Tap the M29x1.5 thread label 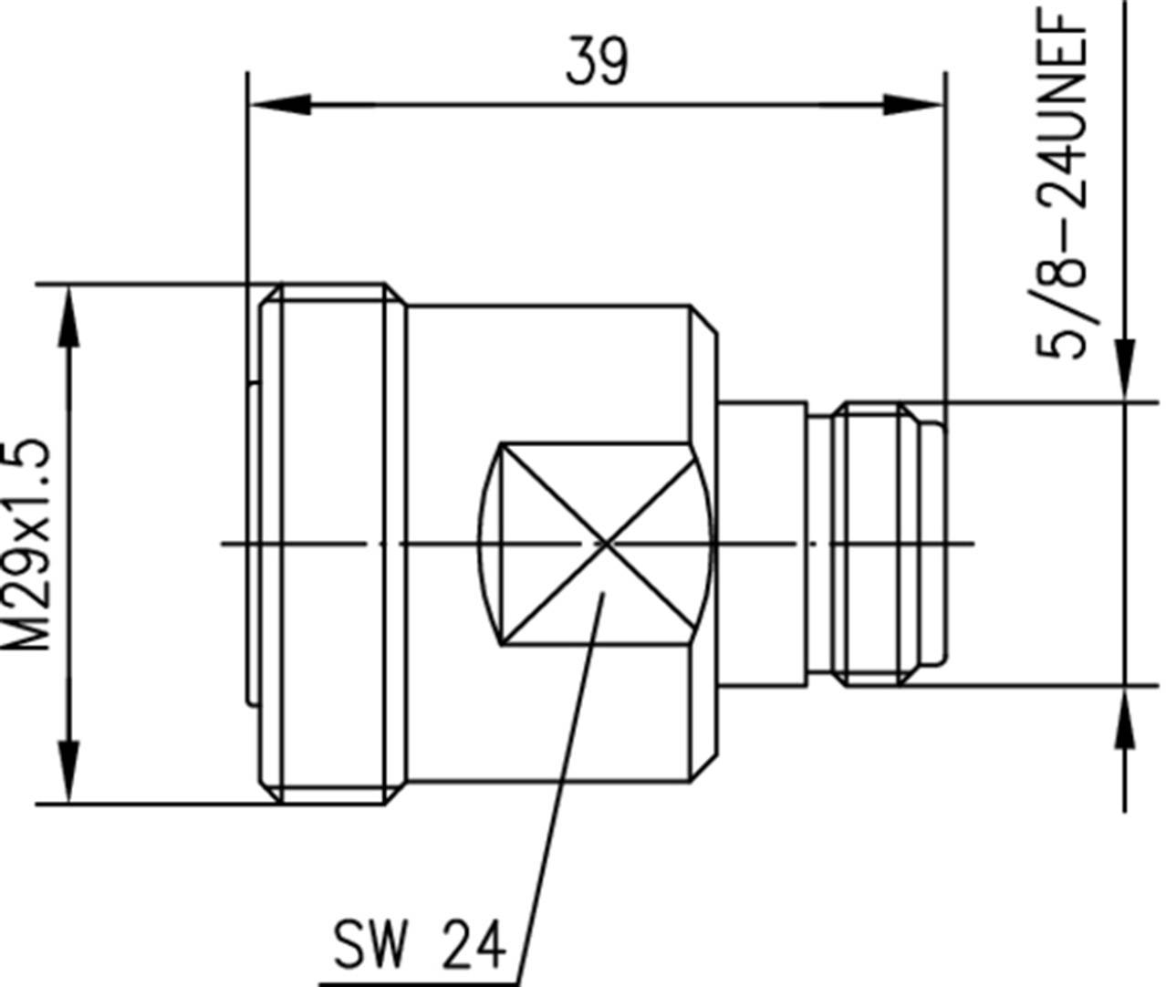tap(27, 545)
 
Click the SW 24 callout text tap(418, 944)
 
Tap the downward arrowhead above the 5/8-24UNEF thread tap(1126, 369)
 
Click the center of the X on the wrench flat tap(606, 544)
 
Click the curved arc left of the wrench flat tap(487, 544)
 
